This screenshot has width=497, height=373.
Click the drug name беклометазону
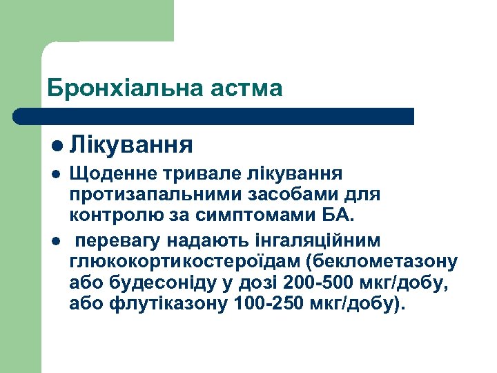pos(384,262)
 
